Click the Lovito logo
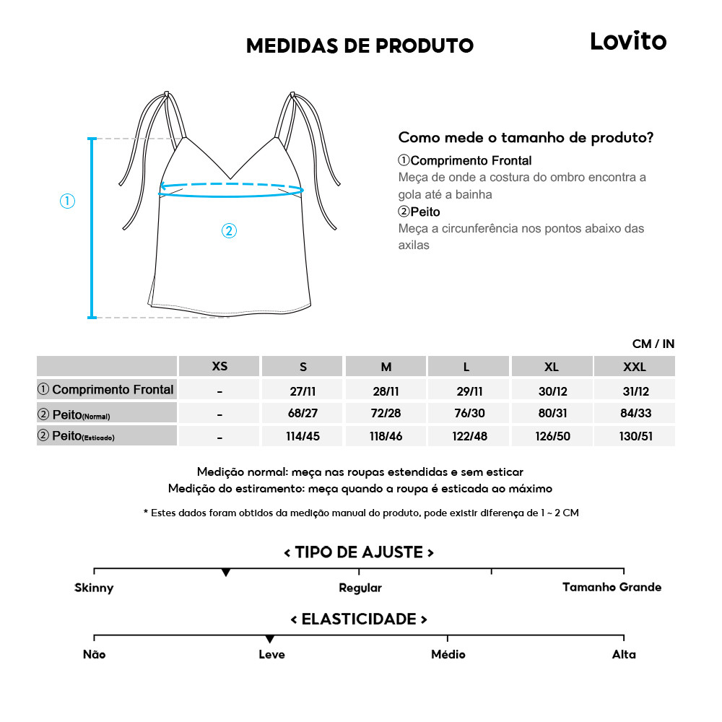pos(628,41)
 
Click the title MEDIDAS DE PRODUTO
pos(360,46)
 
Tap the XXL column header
pos(634,367)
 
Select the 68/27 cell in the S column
pos(303,414)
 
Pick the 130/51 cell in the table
pos(634,437)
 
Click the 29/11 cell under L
pos(469,391)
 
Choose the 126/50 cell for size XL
pos(552,437)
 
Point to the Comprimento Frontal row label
pos(106,390)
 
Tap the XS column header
pos(219,366)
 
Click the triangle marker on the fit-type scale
pos(226,573)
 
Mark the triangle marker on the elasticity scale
pos(269,639)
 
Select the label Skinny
pos(94,588)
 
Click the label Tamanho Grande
pos(612,587)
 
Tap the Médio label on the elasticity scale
pos(448,654)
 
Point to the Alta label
pos(624,654)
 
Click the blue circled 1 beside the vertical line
pos(67,201)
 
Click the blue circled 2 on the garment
pos(229,231)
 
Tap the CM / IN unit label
pos(653,344)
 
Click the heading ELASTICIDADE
pos(359,619)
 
